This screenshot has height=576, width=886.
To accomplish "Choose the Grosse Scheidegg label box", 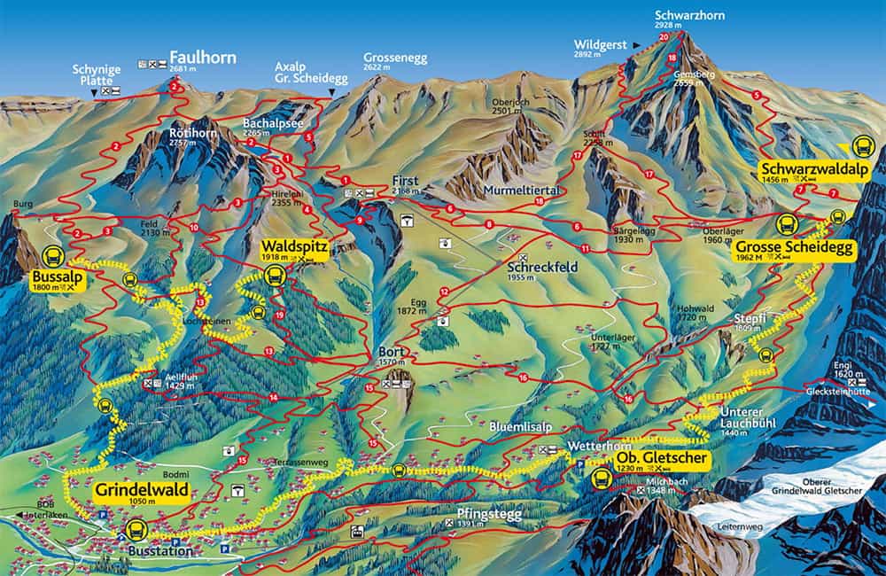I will pyautogui.click(x=795, y=250).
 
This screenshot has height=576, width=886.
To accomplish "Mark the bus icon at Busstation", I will pyautogui.click(x=136, y=530).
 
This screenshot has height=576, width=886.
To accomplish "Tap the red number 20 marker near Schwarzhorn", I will pyautogui.click(x=664, y=37).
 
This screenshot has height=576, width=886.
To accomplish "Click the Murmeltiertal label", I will pyautogui.click(x=514, y=191).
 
